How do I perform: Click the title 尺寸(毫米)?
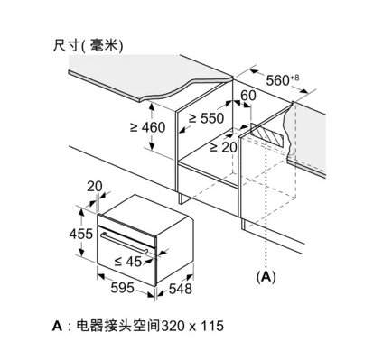(x=88, y=46)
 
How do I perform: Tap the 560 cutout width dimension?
(x=277, y=80)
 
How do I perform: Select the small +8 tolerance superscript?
(x=294, y=78)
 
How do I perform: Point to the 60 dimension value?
(x=248, y=96)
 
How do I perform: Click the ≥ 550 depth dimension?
(x=206, y=118)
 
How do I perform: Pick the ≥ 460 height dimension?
(x=147, y=127)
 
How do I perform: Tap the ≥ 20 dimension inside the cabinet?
(x=223, y=147)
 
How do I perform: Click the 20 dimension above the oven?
(x=95, y=187)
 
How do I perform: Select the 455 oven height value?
(x=81, y=234)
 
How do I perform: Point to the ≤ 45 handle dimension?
(x=128, y=262)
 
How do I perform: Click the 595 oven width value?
(x=122, y=288)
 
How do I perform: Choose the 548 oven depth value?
(x=180, y=289)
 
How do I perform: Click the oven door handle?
(x=125, y=243)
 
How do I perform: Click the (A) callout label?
(x=266, y=276)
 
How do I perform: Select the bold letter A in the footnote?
(x=57, y=326)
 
